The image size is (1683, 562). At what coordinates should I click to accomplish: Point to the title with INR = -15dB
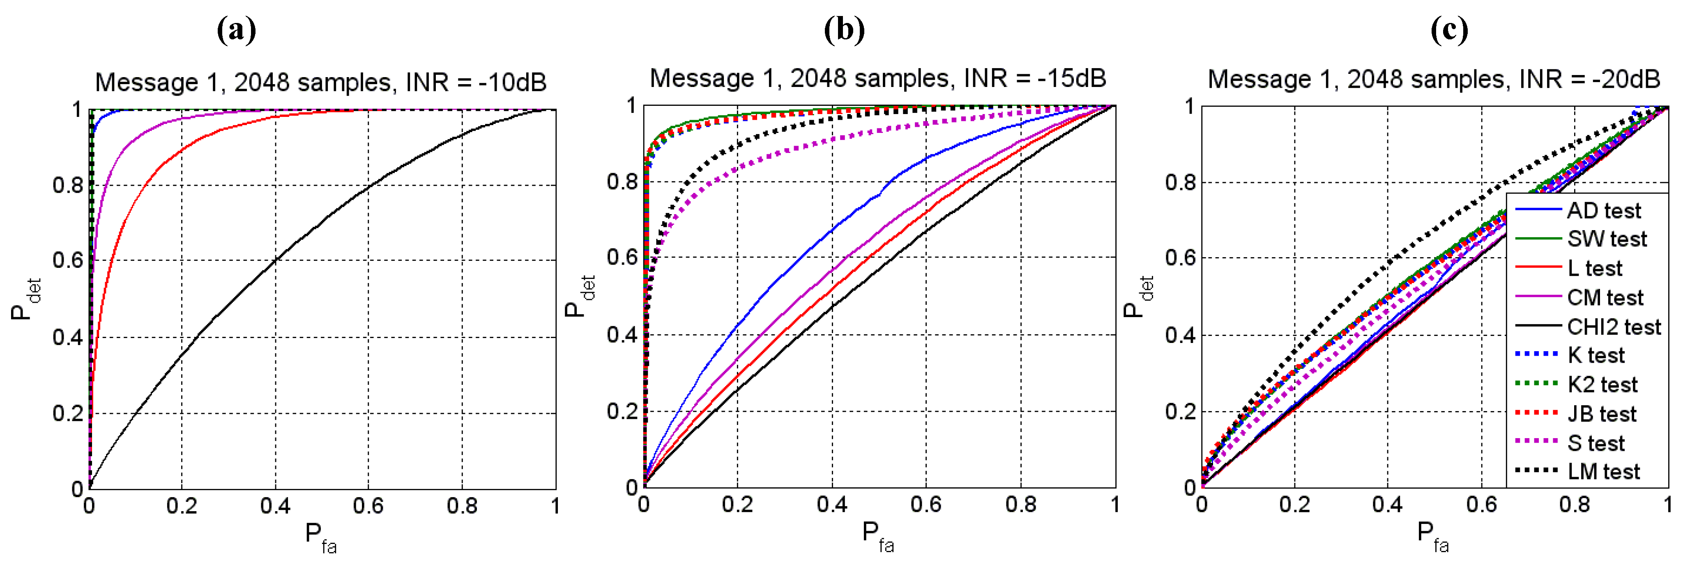[x=877, y=78]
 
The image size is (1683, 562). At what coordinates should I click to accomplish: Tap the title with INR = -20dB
[x=1433, y=80]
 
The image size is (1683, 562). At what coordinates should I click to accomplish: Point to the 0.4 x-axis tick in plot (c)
[x=1387, y=505]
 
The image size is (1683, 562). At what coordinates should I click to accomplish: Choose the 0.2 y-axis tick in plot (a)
[x=67, y=413]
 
